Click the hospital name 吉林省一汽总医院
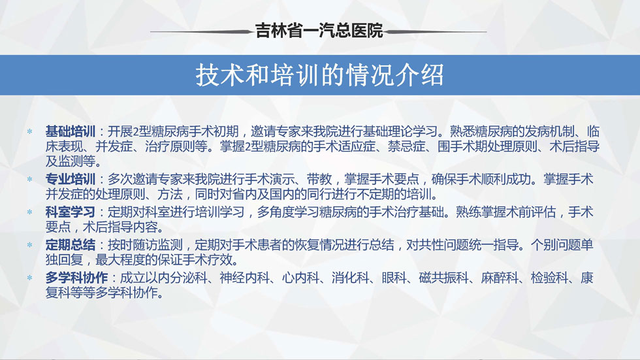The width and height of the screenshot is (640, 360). point(319,31)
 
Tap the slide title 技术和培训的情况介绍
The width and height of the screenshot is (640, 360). point(319,75)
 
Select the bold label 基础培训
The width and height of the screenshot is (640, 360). point(71,131)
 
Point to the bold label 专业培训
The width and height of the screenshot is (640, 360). point(71,179)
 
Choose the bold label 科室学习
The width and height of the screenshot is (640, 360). point(71,212)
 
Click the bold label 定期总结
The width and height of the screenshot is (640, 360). point(71,245)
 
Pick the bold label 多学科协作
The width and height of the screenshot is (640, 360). point(76,278)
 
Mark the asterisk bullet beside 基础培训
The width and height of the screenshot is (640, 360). point(29,131)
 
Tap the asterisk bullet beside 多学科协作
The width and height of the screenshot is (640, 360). point(29,278)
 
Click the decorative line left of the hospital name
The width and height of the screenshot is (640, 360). point(202,31)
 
